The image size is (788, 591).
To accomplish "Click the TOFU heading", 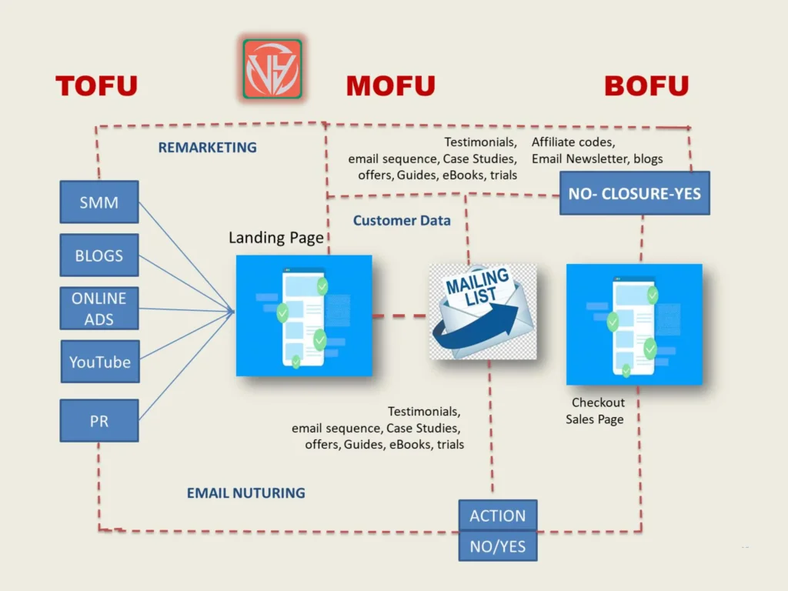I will click(96, 85).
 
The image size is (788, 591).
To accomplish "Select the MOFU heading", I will click(390, 85).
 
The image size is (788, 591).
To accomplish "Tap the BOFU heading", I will click(646, 85).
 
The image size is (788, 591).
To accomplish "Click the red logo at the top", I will click(272, 68).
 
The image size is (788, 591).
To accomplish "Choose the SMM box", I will click(99, 202).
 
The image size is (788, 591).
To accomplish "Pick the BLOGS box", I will click(99, 255).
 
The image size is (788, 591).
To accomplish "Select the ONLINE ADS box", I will click(99, 309).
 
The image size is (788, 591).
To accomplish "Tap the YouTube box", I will click(100, 362).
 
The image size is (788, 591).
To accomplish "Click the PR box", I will click(99, 420).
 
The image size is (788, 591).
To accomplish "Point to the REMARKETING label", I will click(207, 147).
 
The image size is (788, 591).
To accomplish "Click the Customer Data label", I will click(402, 221).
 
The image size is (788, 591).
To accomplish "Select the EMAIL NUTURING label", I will click(245, 492).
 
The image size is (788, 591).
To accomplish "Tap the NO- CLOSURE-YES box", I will click(634, 193).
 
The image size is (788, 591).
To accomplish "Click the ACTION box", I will click(497, 516).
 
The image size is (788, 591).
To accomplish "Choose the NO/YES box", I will click(497, 546).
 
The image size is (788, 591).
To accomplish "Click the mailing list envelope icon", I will click(482, 311).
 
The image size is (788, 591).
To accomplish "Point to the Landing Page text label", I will click(275, 238).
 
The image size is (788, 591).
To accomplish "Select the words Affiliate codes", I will click(573, 142).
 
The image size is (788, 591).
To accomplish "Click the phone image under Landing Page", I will click(304, 316).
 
